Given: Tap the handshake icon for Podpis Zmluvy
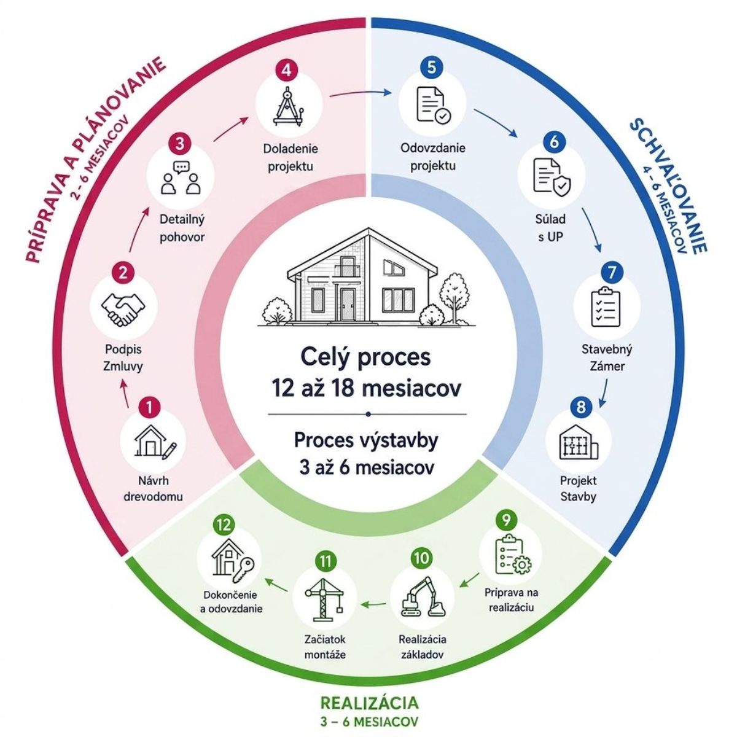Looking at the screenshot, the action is (123, 309).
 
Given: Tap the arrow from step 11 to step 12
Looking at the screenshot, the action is (276, 585).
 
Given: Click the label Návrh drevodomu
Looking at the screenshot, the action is (154, 489).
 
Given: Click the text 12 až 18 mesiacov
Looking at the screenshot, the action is (367, 388).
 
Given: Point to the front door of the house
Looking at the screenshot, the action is (348, 305).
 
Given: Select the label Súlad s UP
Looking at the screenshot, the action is (551, 228).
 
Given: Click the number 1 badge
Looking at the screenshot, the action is (149, 407).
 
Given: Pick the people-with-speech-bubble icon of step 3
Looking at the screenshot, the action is (181, 178).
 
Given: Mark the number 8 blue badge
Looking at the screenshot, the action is (580, 406).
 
